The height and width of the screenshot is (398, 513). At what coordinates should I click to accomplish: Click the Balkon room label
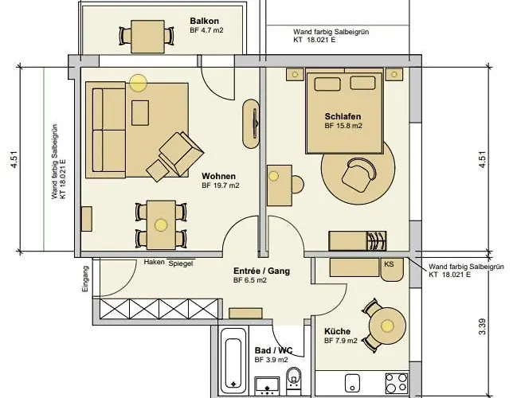point(205,21)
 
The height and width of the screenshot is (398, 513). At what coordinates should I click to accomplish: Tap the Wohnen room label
point(217,175)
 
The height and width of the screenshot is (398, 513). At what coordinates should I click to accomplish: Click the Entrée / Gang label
point(261,271)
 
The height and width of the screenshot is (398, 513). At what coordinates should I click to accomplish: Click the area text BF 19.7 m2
point(221,185)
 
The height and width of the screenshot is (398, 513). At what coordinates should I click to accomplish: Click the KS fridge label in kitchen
point(389,263)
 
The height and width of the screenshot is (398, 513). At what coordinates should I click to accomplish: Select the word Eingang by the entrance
point(87,279)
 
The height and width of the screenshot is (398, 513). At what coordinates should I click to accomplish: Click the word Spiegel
point(181,263)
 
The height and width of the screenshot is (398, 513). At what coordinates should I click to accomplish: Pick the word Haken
point(154,263)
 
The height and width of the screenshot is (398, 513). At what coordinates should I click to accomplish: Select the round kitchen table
point(387,326)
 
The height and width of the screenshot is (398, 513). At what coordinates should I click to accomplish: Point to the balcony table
point(146,35)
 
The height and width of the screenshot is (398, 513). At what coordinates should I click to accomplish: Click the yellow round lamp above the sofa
point(139,81)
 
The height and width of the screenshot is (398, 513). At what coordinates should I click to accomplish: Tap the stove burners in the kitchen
point(396,383)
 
